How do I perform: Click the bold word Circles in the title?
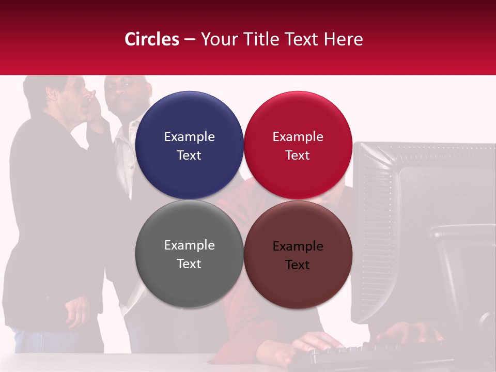[x=151, y=39]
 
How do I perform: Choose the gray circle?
[x=189, y=254]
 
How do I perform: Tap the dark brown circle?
[x=298, y=254]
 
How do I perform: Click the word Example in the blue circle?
[x=189, y=137]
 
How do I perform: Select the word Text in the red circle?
[x=298, y=156]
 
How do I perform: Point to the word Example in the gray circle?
[x=189, y=245]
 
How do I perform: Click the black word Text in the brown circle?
[x=298, y=265]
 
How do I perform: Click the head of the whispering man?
[x=59, y=96]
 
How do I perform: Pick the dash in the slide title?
[x=190, y=40]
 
